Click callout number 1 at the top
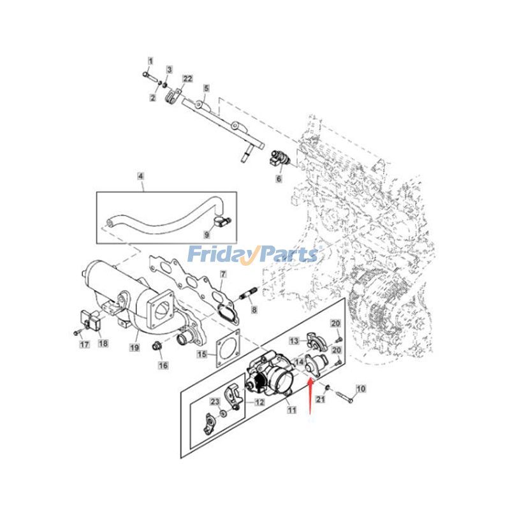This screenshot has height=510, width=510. point(150,61)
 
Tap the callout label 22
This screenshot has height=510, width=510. point(187,78)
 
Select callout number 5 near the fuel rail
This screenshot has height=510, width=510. point(206,87)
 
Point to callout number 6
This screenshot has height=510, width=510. point(278,180)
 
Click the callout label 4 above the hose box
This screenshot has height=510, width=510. point(140,176)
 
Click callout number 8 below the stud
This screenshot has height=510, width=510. point(254,310)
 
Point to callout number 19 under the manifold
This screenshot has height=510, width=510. point(135,347)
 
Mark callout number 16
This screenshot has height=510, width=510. point(163,365)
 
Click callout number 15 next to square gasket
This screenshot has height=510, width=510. point(201,354)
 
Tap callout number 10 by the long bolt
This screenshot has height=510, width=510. point(361,388)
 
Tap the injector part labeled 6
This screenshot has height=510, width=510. point(281,158)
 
